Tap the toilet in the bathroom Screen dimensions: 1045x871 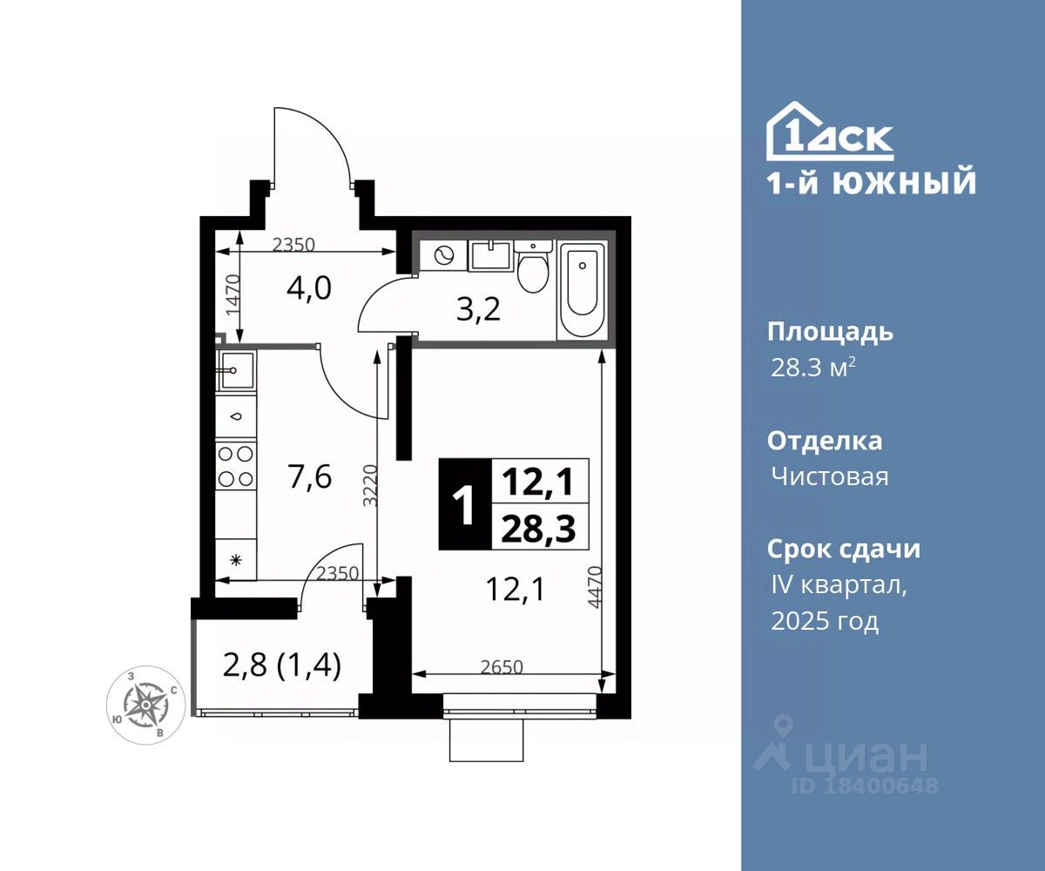pos(532,267)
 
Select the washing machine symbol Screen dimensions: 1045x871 pos(443,256)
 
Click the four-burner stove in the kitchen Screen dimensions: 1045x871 pos(236,466)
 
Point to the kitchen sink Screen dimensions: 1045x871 pos(236,370)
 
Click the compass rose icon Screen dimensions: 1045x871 pos(146,706)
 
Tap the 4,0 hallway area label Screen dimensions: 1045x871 pos(309,289)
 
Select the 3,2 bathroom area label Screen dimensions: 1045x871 pos(478,311)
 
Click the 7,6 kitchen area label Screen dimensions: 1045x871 pos(310,476)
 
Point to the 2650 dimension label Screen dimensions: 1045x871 pos(502,667)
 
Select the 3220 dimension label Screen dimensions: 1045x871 pos(370,485)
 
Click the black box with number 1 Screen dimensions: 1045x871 pos(466,504)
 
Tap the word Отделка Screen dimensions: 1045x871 pos(825,441)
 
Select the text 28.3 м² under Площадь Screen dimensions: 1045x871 pos(813,368)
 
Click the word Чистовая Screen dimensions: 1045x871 pos(830,476)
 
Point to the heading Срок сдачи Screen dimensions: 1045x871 pos(844,549)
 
